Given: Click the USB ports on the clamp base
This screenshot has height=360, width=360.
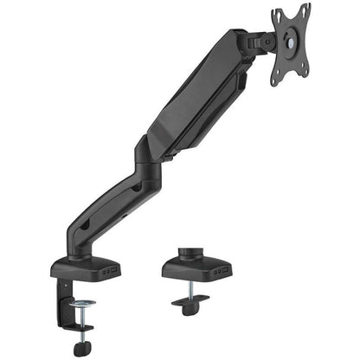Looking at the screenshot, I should coord(108,271).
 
